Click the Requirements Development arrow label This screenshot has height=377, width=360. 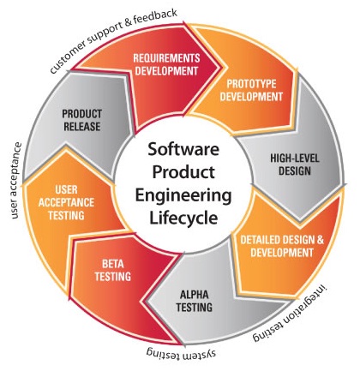pos(166,64)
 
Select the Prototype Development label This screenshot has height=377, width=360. pos(251,90)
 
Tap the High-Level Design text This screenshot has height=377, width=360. pos(295,165)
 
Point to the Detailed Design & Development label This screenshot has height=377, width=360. pos(282,246)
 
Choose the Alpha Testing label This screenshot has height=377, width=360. pos(195,301)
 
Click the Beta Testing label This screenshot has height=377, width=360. pos(113,270)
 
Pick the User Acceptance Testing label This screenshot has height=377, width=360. pos(66,202)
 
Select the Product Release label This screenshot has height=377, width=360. pos(82,120)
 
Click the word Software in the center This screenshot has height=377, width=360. pos(183,149)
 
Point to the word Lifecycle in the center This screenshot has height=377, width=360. pos(183,218)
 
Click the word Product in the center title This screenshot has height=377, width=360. pos(183,172)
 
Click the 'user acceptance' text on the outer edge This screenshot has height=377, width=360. pos(16,181)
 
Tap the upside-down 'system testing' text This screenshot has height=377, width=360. pos(181,353)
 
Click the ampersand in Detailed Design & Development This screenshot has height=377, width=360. pos(320,240)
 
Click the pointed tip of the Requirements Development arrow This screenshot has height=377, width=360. pos(220,68)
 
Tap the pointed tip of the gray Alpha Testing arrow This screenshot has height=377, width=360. pos(146,301)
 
